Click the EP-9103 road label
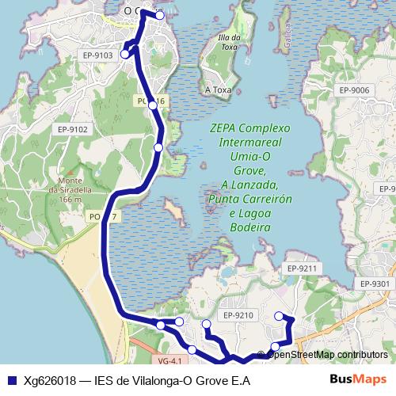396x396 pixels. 97,54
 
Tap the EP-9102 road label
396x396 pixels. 72,129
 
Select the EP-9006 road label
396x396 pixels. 354,90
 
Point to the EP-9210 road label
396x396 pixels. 238,315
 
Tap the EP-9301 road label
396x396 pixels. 375,284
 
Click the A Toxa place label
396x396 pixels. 218,90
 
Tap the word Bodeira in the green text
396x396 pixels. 250,227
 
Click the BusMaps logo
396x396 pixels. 359,380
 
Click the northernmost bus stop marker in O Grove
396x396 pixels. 160,15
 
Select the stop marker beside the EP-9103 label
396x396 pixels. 125,55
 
